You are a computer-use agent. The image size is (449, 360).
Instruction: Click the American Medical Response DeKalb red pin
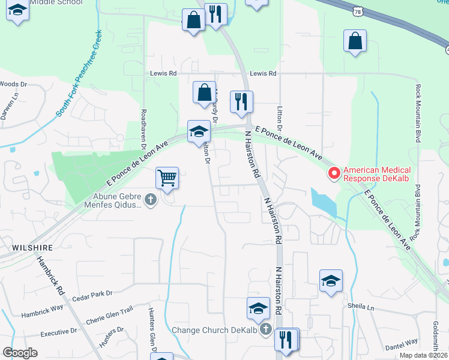(x=334, y=173)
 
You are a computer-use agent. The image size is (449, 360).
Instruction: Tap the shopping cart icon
(x=167, y=178)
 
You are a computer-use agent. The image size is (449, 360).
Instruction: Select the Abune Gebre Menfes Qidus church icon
(x=150, y=199)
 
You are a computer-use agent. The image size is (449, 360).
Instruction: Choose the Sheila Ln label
(x=361, y=306)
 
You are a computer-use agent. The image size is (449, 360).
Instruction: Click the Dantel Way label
(x=402, y=342)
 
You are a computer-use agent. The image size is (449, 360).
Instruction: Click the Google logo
(x=20, y=353)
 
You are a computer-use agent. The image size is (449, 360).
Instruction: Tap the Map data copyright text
(x=423, y=355)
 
